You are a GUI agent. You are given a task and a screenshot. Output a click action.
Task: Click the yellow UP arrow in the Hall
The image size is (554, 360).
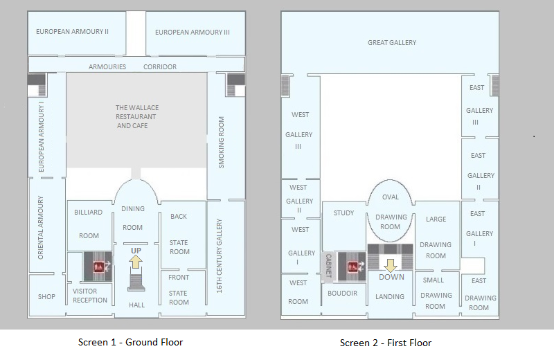click(136, 262)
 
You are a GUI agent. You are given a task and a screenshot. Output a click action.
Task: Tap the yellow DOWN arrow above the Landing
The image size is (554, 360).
click(390, 265)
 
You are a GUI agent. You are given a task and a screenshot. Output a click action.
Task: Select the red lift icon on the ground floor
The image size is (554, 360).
click(98, 267)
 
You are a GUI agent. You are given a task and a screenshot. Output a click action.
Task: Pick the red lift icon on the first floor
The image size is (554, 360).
click(352, 267)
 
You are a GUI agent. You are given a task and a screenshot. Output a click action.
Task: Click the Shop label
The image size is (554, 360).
click(46, 297)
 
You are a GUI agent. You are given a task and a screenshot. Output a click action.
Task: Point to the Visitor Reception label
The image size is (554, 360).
click(90, 296)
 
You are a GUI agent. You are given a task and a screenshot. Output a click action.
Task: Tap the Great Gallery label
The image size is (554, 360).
click(392, 43)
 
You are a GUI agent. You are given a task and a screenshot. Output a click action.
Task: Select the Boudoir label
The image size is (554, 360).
click(342, 294)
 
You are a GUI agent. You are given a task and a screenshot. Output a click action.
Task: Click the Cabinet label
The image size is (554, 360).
click(328, 265)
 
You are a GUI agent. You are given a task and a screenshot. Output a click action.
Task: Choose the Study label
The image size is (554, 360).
click(343, 213)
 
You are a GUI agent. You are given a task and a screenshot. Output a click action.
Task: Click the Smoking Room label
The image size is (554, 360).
click(221, 143)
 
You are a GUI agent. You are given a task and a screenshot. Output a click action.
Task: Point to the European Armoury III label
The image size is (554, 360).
click(193, 33)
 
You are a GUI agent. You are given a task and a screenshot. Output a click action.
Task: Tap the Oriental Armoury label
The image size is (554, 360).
click(41, 228)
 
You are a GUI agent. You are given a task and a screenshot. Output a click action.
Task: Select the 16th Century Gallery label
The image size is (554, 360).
click(219, 256)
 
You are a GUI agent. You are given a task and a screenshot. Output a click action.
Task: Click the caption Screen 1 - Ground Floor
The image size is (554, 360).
click(130, 342)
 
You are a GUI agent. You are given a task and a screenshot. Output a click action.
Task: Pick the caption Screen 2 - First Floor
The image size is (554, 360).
click(386, 343)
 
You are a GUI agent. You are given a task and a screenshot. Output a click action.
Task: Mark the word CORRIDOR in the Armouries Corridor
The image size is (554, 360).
click(160, 66)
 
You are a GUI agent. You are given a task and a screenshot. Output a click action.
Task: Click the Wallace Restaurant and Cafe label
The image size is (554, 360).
click(136, 116)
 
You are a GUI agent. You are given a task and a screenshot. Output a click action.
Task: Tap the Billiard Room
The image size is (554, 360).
click(89, 224)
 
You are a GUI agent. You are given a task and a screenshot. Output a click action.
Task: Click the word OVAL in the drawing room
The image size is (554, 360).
click(391, 197)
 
